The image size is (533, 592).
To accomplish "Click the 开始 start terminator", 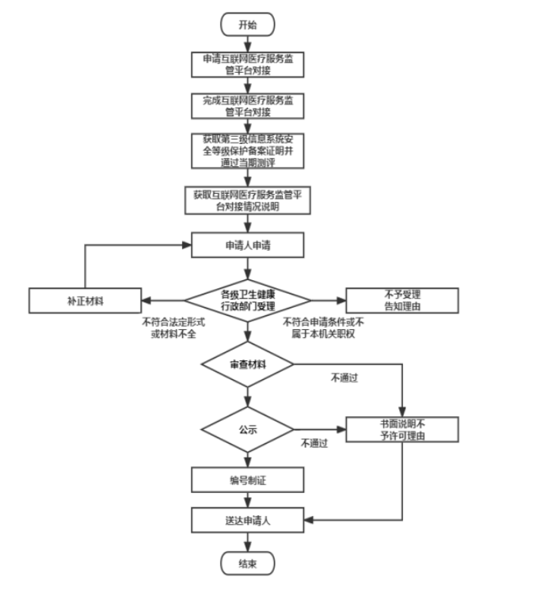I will coord(248,25).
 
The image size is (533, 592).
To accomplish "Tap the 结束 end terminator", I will coord(248,564).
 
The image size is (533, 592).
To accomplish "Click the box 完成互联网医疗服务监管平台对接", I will coord(248,106).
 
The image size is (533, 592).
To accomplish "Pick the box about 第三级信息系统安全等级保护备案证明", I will coord(248,150).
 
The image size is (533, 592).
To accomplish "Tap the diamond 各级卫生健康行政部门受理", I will coord(248,300).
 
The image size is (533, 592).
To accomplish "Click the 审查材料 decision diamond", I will coord(248,365).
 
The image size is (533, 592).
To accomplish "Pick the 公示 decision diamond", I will coord(248,431).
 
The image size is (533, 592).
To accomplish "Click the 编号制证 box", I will coord(248,480).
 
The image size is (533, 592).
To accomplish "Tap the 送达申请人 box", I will coord(248,520).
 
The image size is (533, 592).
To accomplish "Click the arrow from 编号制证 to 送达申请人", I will coord(248,499).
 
